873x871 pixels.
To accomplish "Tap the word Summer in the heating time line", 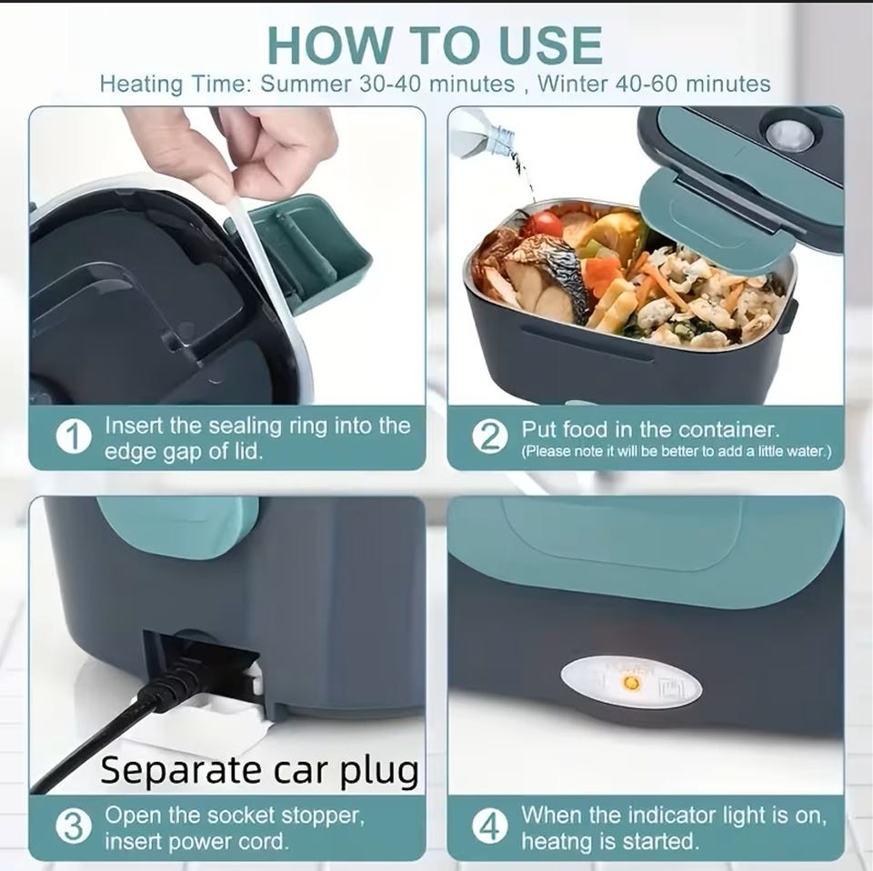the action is tap(306, 84).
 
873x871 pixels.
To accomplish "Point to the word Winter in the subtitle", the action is tap(572, 84).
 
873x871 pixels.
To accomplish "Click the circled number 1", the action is tap(74, 437).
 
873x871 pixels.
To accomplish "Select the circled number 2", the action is tap(490, 437).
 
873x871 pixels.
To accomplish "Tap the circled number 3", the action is tap(74, 826).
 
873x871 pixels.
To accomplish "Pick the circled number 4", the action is tap(490, 826).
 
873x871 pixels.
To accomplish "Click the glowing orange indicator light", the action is tap(632, 682).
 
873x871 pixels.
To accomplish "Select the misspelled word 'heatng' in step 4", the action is tap(553, 842).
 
